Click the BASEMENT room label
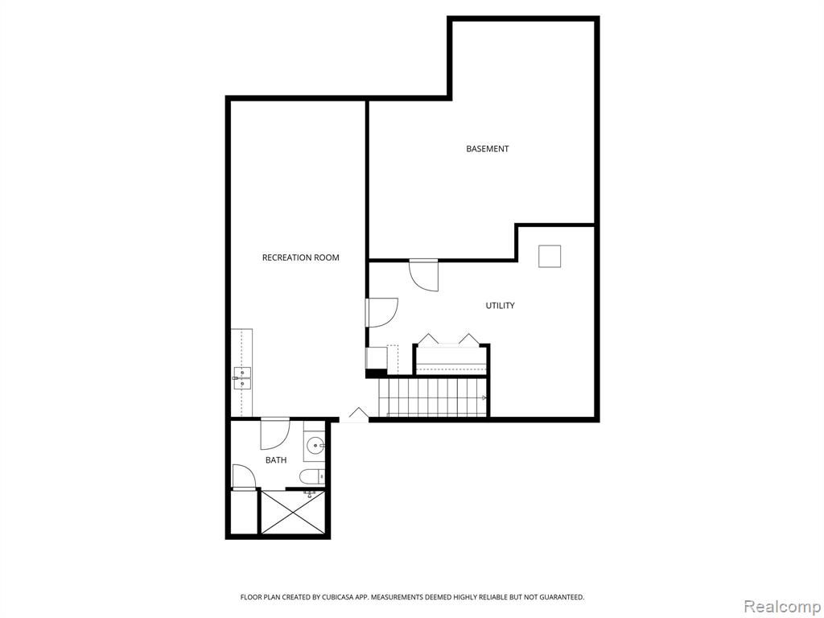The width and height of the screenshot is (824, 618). [487, 149]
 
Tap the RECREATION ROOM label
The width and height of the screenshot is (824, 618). [301, 257]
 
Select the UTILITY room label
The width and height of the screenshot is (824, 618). [500, 305]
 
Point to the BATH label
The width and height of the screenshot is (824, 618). [276, 460]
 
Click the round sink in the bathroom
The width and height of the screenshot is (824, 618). [315, 447]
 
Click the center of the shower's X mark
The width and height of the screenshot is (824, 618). [292, 512]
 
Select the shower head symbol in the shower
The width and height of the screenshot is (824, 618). [310, 493]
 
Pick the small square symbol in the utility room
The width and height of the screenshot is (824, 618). [549, 257]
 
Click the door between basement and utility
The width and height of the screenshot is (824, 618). [423, 275]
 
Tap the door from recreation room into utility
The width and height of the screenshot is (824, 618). [381, 313]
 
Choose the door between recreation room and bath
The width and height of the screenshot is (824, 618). [275, 434]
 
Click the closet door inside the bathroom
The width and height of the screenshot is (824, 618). [243, 477]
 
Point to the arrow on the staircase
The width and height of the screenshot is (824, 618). [484, 398]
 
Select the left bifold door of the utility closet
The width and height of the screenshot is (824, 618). [428, 339]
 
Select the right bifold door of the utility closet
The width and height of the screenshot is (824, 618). [469, 339]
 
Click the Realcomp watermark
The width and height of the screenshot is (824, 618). [782, 607]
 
